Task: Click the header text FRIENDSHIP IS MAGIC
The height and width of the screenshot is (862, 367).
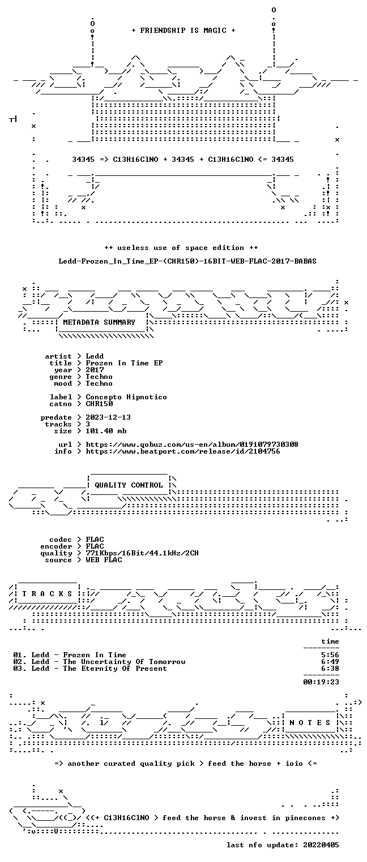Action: (183, 31)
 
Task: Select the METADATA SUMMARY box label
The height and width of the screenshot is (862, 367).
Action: (99, 322)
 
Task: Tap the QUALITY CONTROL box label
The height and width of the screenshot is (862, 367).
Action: (129, 485)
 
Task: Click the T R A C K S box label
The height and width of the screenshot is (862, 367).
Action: (47, 593)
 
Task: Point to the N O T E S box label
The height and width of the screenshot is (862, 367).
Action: (310, 722)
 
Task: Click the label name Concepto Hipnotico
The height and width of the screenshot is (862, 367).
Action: (126, 397)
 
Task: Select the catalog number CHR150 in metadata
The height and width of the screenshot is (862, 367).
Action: (99, 404)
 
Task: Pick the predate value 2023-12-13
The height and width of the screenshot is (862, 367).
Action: (108, 417)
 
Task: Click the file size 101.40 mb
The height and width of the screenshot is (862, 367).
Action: (106, 431)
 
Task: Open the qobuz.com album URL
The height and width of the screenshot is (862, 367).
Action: (191, 445)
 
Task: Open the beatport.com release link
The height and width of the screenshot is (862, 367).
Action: (183, 451)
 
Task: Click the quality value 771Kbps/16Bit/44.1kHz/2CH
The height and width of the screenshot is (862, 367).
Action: (142, 553)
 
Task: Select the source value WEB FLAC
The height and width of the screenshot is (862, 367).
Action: (104, 560)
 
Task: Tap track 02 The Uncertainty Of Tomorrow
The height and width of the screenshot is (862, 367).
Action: (99, 662)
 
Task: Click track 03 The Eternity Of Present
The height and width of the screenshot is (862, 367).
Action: (90, 669)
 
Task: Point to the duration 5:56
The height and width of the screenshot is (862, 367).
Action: (330, 655)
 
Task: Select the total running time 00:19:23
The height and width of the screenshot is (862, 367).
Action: (321, 682)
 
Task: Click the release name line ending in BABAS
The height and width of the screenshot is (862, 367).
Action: (187, 261)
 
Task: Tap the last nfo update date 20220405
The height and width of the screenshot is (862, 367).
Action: (321, 845)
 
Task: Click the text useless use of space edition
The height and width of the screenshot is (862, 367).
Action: (181, 248)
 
